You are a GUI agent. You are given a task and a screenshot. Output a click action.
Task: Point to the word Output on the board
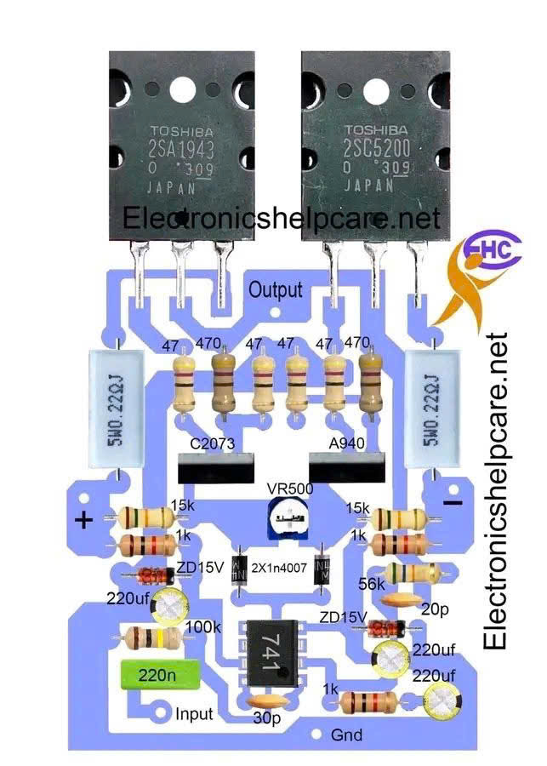(275, 290)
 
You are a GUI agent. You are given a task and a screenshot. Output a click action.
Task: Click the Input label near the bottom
(194, 713)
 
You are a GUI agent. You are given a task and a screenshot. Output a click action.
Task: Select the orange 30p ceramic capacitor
(267, 701)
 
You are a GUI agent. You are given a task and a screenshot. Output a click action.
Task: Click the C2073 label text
(212, 443)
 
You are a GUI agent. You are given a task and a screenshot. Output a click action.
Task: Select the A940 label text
(346, 443)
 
